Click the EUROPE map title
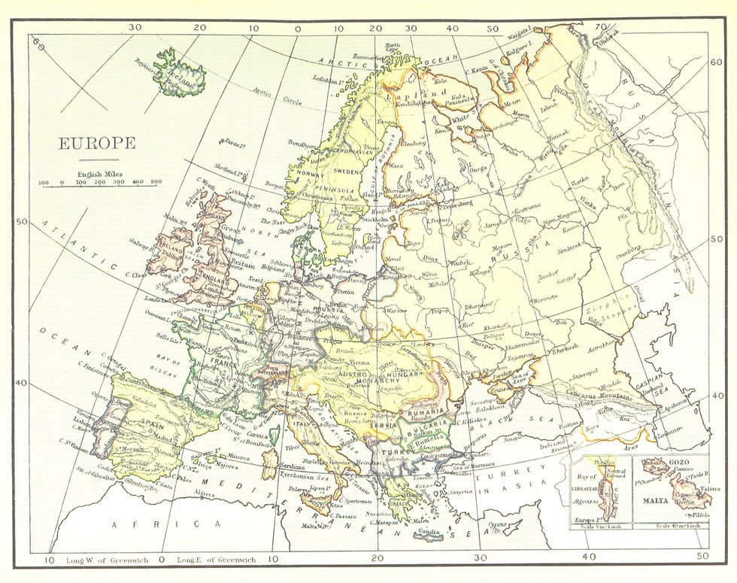98,144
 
